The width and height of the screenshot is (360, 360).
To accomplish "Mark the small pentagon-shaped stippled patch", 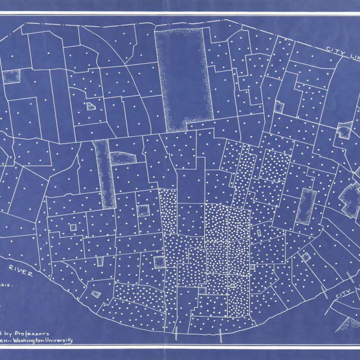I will tap(93, 106).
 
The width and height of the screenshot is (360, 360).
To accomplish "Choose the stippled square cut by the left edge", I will tap(10, 77).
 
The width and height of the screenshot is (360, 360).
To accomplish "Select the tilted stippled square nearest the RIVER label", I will tap(96, 294).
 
